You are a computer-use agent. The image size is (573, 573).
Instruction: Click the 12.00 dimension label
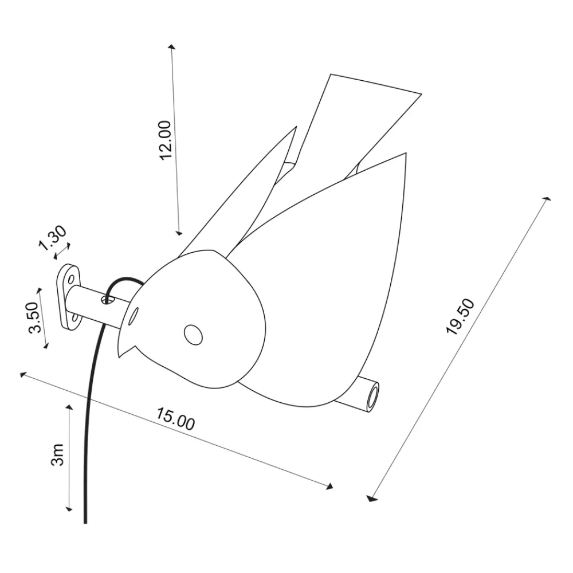(x=166, y=140)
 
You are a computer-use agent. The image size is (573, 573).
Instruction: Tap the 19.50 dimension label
(x=460, y=316)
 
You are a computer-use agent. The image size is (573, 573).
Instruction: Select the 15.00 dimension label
(x=175, y=419)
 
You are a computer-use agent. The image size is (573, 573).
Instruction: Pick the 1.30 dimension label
(x=53, y=238)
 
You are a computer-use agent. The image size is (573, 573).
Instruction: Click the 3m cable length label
(x=57, y=454)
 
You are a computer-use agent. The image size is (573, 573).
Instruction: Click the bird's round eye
(x=193, y=335)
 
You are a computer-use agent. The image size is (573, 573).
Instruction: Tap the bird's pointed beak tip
(x=119, y=357)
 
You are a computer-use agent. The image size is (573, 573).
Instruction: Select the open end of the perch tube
(x=372, y=397)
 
